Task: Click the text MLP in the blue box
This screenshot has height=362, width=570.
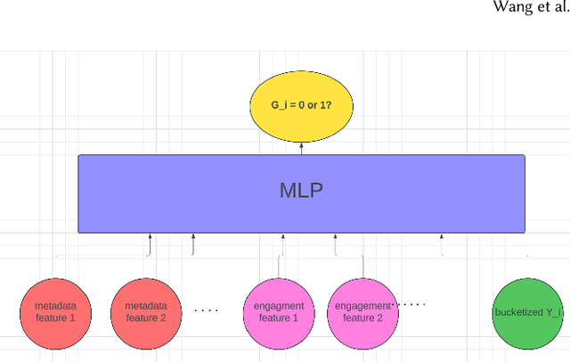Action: (x=301, y=192)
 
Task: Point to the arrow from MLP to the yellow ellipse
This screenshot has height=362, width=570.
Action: (x=301, y=148)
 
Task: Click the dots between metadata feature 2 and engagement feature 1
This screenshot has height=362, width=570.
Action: (x=207, y=311)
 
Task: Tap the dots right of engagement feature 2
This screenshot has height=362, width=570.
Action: (x=411, y=304)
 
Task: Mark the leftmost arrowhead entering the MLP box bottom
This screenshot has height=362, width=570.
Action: (x=151, y=237)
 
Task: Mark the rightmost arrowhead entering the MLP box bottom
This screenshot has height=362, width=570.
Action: (x=441, y=237)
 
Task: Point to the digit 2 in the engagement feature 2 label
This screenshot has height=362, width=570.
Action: (x=381, y=317)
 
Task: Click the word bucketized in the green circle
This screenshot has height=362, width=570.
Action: (x=516, y=313)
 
